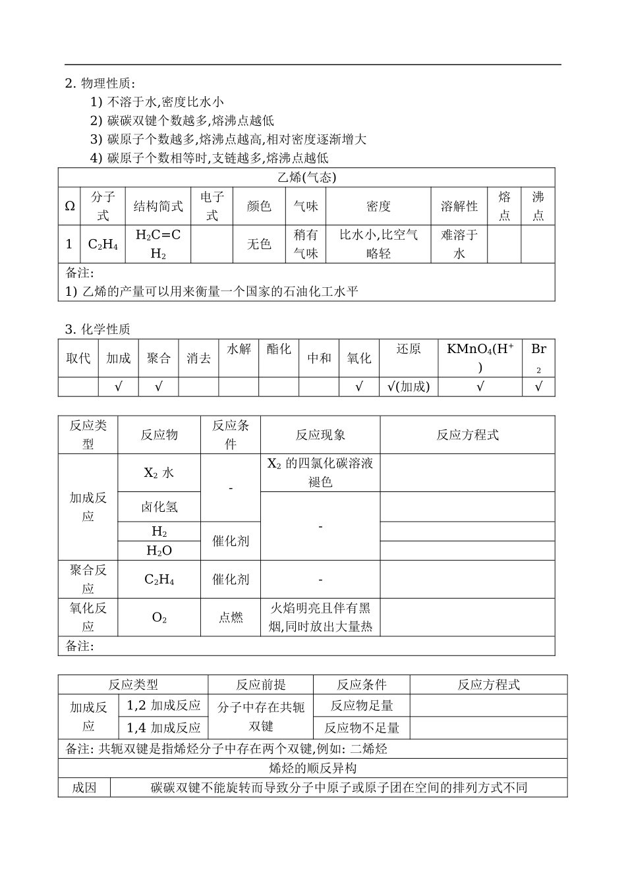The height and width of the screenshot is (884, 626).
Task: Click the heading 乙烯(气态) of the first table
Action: click(x=306, y=178)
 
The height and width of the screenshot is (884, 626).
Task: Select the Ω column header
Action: click(x=69, y=206)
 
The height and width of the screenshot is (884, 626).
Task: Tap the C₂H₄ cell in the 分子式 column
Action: click(x=103, y=244)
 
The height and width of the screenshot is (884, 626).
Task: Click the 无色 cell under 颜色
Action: click(x=259, y=244)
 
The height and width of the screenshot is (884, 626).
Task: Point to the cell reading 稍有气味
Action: click(x=306, y=244)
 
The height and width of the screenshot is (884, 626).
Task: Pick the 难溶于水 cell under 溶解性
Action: click(x=459, y=244)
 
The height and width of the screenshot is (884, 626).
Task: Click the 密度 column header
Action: click(x=378, y=206)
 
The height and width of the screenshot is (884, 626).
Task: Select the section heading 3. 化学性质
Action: click(x=97, y=329)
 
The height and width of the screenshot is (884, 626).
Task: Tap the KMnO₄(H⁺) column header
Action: click(x=480, y=358)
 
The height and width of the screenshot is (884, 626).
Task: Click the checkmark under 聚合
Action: click(x=158, y=387)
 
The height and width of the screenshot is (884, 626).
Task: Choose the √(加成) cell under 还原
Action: click(x=409, y=387)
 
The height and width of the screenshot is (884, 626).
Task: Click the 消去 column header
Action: click(x=198, y=358)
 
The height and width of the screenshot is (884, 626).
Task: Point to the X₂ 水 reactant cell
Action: click(x=159, y=473)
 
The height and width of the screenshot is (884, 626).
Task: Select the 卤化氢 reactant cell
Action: click(x=159, y=507)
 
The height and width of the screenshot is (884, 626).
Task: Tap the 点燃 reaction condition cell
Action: click(x=231, y=617)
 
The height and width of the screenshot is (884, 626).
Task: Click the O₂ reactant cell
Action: click(x=159, y=617)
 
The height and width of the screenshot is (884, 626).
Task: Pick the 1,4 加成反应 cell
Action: click(x=163, y=728)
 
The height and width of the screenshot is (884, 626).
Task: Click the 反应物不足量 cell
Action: click(x=362, y=728)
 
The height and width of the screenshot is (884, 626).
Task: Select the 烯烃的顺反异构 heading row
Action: click(x=313, y=768)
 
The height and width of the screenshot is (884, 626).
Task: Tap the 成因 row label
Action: click(x=84, y=787)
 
